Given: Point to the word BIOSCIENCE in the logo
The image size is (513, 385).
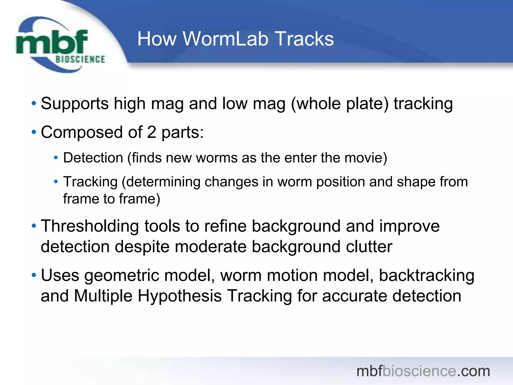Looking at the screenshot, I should click(x=80, y=59).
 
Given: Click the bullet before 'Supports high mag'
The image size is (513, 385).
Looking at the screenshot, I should click(x=34, y=103).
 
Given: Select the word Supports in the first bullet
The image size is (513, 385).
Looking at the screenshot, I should click(x=74, y=104).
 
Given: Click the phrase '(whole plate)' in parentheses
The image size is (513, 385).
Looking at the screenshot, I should click(x=340, y=104).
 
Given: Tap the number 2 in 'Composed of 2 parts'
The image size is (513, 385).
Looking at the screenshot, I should click(x=152, y=132).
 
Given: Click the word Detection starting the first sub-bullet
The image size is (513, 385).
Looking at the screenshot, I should click(x=93, y=158).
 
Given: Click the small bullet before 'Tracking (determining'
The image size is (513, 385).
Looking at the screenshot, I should click(x=56, y=181).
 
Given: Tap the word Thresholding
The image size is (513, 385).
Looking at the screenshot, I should click(x=90, y=226).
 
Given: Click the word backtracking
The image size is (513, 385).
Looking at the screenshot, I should click(x=426, y=275).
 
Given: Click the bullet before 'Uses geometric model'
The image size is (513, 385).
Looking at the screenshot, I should click(x=34, y=275).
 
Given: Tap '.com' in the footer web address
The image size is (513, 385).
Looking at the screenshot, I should click(x=473, y=371).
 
